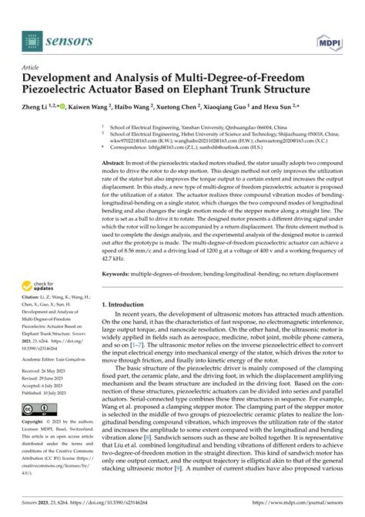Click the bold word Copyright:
35,423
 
